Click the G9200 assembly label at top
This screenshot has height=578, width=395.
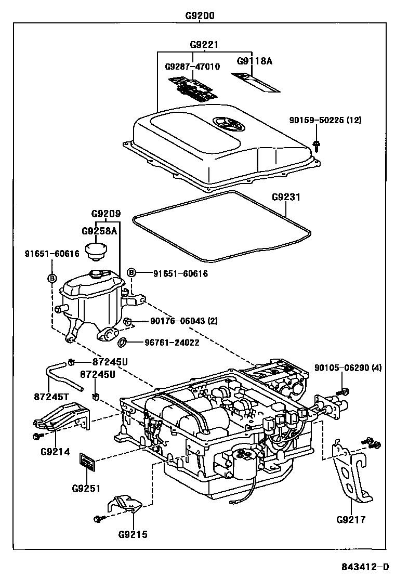tap(200, 16)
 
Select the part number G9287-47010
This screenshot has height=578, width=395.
tap(192, 67)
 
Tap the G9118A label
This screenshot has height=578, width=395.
tap(255, 61)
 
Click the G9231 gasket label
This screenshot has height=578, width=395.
tap(286, 198)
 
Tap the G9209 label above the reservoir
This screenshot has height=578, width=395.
tap(106, 214)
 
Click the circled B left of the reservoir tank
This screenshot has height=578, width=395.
tap(52, 278)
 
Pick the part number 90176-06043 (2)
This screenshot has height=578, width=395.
tap(177, 321)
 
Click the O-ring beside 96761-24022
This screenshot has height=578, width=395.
tap(123, 343)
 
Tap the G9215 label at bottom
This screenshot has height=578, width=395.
tap(133, 534)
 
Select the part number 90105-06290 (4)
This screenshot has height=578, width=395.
tap(348, 367)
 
